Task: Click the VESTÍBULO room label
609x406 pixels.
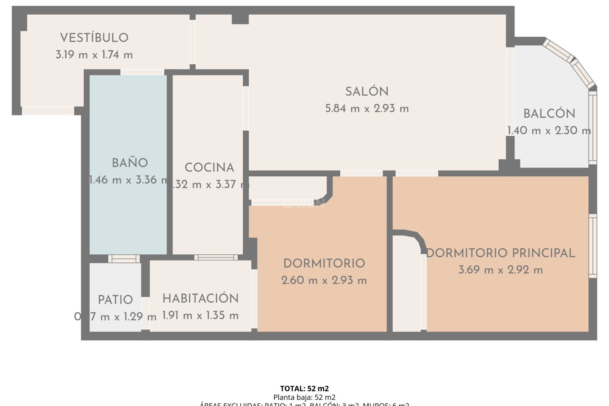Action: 94,38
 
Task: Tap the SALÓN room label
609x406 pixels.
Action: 367,92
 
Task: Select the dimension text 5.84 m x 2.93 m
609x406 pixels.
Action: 367,109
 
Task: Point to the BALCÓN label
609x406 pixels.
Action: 549,114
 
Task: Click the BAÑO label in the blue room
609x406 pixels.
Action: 130,163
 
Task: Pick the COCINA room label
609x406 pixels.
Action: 209,167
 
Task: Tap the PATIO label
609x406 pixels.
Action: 115,300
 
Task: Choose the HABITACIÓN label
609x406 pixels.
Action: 200,298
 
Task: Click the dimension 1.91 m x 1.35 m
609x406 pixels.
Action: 200,316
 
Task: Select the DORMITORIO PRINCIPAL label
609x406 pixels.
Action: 501,253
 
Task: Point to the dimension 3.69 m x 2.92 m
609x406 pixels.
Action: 501,270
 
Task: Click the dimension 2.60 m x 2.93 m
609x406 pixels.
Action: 324,280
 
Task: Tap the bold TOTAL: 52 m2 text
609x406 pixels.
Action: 304,389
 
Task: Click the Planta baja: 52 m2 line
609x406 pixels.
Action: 304,397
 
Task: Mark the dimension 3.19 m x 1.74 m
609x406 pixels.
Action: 94,55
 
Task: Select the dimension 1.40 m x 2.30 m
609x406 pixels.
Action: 549,131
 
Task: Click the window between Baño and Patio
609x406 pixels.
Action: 124,259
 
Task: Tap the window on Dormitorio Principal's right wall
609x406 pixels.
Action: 593,246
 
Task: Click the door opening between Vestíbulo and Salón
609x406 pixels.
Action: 192,42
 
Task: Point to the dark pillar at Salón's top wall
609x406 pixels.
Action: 240,19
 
